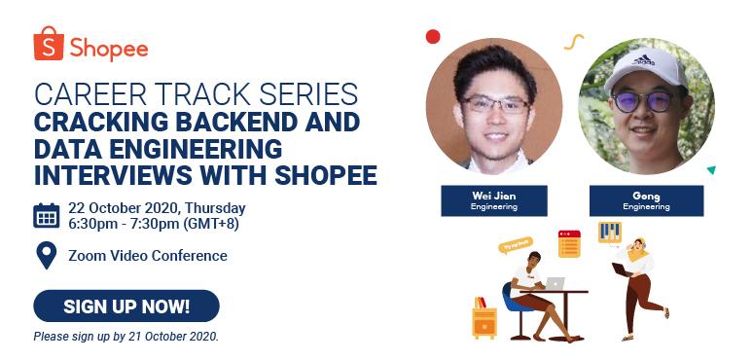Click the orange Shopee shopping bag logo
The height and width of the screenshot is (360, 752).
coord(48,45)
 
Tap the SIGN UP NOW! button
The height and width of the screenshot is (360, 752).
coord(126,306)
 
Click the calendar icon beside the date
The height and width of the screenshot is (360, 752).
coord(47,215)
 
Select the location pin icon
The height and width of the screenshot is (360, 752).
coord(46,256)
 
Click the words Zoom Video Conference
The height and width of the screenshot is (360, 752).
coord(148,256)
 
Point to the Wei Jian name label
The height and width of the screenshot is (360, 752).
coord(494,200)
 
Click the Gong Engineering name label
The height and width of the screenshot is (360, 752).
coord(646,200)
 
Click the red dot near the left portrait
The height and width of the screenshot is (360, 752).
coord(433,37)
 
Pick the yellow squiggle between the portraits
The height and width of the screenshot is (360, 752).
coord(574,42)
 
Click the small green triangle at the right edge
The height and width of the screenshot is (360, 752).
coord(711,170)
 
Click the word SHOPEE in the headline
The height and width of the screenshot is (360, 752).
coord(325,176)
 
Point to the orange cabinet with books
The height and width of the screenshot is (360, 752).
coord(483,317)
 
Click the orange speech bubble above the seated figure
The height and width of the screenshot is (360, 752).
coord(516,245)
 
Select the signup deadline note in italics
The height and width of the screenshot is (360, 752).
coord(126,337)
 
